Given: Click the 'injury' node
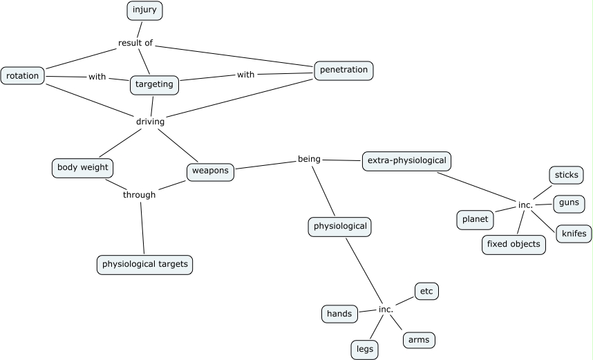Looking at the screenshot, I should (x=144, y=10).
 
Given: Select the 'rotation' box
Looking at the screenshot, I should (x=23, y=75).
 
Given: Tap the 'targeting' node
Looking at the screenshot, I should (x=154, y=85).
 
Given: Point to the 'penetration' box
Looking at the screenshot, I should (x=344, y=70).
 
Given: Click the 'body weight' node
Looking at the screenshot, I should (x=82, y=168).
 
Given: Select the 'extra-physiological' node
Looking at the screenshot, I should (x=407, y=161).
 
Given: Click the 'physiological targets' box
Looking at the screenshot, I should (x=144, y=265).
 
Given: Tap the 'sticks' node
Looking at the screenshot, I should (x=566, y=176).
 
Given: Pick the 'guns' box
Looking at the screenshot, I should (x=569, y=205).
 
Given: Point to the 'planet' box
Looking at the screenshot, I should (x=475, y=220).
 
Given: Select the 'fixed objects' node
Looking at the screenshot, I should (x=514, y=245).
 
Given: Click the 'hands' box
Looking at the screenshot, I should (x=339, y=314).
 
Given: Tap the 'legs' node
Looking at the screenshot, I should (x=364, y=350).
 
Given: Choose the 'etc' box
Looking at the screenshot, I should (x=426, y=292).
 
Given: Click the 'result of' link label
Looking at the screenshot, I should (x=135, y=43).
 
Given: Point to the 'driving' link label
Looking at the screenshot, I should (x=150, y=122).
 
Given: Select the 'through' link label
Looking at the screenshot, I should (x=139, y=195).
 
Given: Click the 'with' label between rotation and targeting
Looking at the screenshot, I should (x=97, y=77).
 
